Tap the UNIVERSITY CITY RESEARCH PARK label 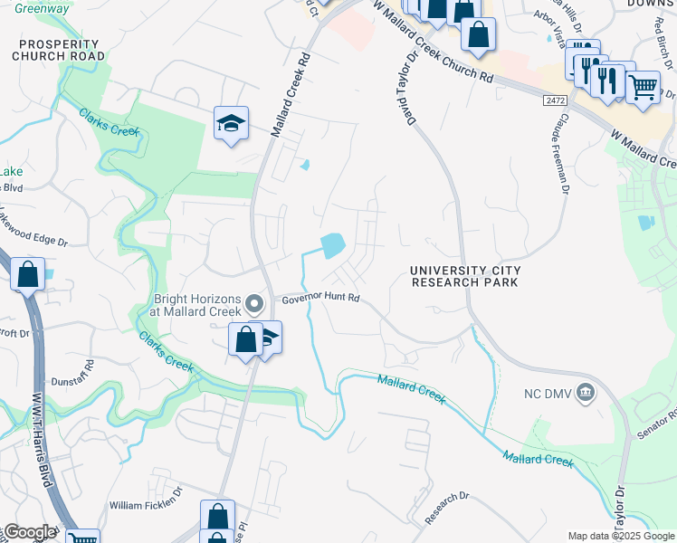pos(464,277)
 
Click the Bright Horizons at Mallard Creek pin pos(255,303)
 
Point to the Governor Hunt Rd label pos(320,299)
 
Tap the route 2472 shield pos(555,100)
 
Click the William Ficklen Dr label pos(146,505)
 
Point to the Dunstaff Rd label pos(72,382)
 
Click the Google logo pos(29,532)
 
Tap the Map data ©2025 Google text pos(621,536)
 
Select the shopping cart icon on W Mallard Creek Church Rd pos(643,88)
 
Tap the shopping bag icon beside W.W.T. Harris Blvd pos(28,273)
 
